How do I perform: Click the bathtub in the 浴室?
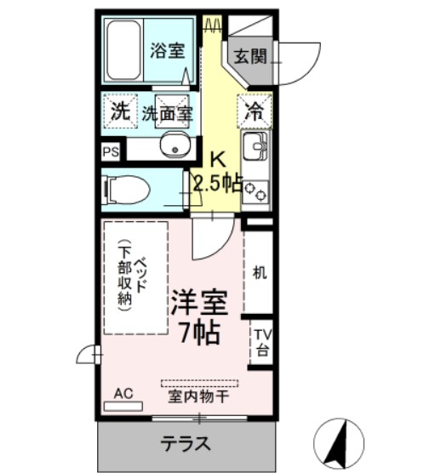[x=123, y=50]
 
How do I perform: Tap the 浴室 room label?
[x=168, y=50]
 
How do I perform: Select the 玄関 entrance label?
[x=250, y=56]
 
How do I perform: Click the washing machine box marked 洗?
[x=120, y=111]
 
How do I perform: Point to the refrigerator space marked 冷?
[x=255, y=111]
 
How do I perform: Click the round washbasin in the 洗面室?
[x=175, y=145]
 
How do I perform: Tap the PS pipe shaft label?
[x=111, y=151]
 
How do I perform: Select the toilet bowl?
[x=127, y=190]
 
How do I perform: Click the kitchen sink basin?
[x=255, y=146]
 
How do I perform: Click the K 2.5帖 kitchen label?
[x=218, y=171]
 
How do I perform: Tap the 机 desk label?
[x=260, y=272]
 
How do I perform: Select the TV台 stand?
[x=261, y=342]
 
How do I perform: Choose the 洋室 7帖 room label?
[x=199, y=316]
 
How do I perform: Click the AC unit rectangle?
[x=123, y=406]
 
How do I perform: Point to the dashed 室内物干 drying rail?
[x=199, y=384]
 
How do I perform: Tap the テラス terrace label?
[x=186, y=443]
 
